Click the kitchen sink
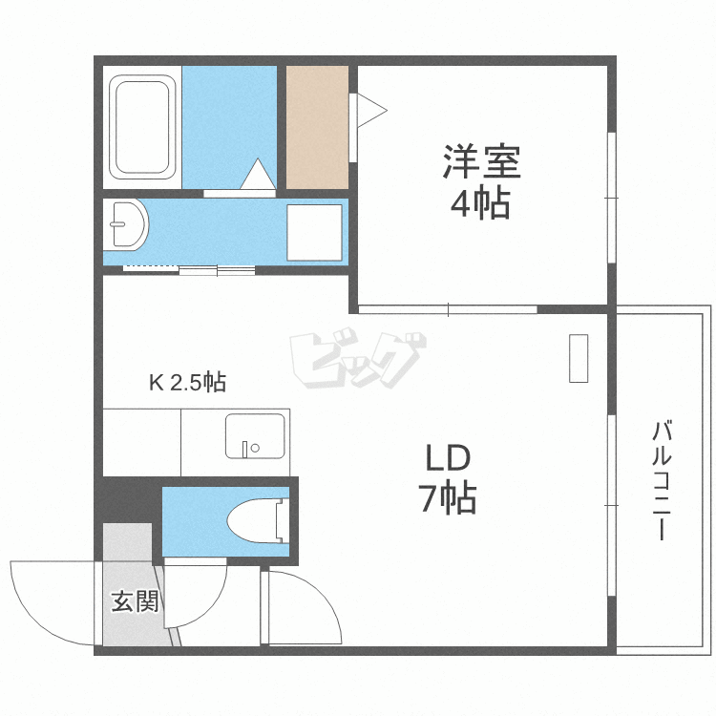point(255,436)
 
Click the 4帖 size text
point(479,203)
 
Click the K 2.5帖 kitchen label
point(187,384)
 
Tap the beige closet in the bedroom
point(317,127)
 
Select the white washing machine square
point(314,232)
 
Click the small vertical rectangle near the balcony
point(579,358)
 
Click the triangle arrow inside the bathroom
point(258,175)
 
